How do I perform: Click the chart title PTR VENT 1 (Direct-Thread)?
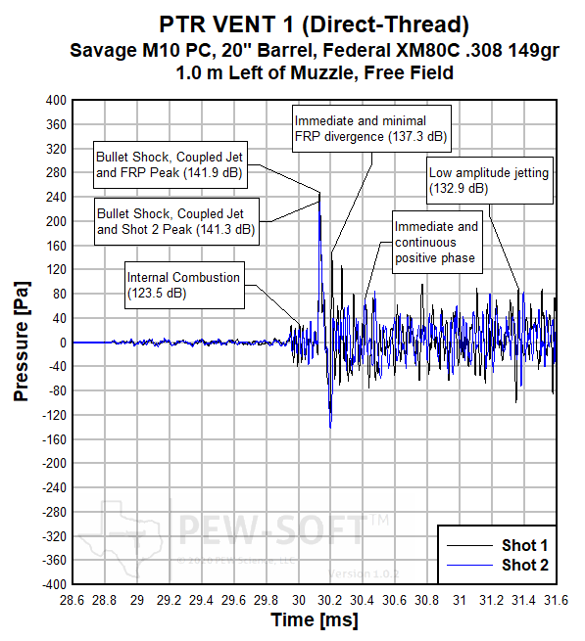tap(312, 22)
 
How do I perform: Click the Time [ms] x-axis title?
tap(314, 619)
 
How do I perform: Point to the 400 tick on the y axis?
tap(53, 101)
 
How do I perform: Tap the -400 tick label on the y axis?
tap(51, 584)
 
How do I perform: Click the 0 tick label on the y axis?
tap(61, 343)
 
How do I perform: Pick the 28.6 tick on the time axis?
tap(73, 598)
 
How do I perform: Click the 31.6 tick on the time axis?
tap(556, 598)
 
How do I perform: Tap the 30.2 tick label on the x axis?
tap(330, 598)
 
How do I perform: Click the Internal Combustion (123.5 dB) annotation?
tap(183, 285)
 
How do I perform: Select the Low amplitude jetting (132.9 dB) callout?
tap(489, 180)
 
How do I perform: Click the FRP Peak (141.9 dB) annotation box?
tap(169, 165)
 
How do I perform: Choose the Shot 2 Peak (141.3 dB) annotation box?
tap(176, 221)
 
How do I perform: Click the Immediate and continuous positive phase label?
tap(436, 242)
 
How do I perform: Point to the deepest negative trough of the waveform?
tap(330, 427)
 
